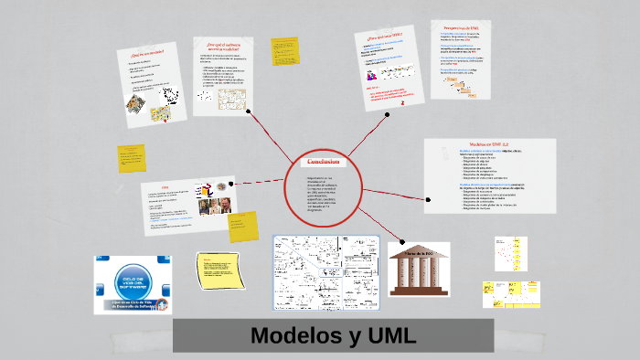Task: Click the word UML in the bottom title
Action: point(380,335)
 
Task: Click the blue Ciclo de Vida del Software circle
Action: point(133,277)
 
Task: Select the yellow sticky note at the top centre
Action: point(280,49)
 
